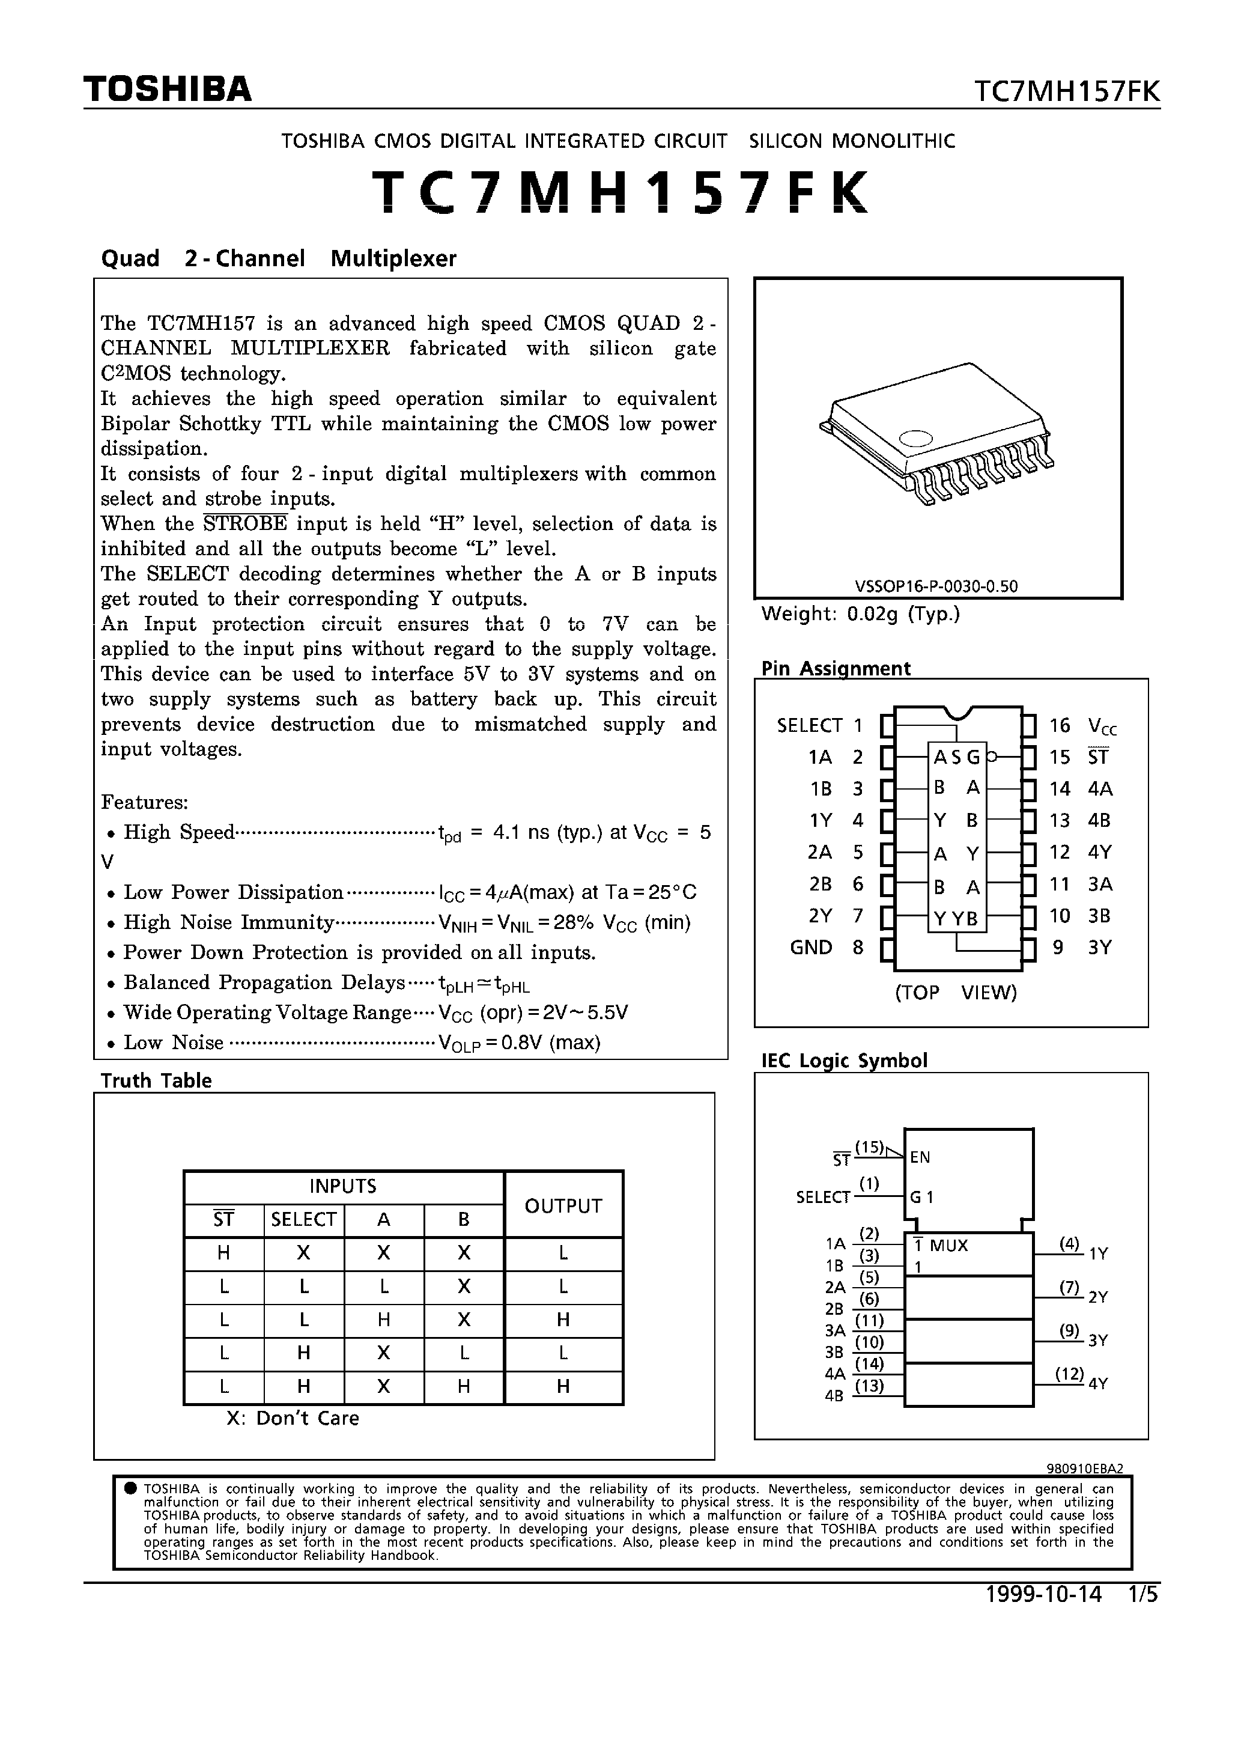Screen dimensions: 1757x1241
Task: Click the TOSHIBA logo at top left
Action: click(x=168, y=90)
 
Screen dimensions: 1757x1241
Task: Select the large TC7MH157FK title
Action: click(x=620, y=191)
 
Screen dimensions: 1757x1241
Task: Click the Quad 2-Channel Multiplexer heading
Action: click(x=279, y=258)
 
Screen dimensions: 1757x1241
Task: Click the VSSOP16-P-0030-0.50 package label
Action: click(x=936, y=586)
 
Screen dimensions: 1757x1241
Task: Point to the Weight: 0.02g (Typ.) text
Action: click(x=861, y=614)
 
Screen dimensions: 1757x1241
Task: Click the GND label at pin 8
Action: click(x=811, y=948)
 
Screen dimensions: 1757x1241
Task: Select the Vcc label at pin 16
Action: click(x=1102, y=725)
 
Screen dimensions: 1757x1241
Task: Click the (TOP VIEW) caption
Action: click(x=956, y=993)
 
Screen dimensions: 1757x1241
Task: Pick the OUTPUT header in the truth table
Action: click(x=563, y=1205)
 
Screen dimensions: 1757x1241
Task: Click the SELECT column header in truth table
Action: click(x=304, y=1219)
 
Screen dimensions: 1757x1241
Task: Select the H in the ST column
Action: click(x=223, y=1253)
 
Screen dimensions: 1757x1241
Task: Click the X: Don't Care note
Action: click(x=293, y=1418)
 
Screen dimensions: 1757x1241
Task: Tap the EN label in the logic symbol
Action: click(x=920, y=1157)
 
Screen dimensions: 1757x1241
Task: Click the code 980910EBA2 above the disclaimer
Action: click(x=1084, y=1468)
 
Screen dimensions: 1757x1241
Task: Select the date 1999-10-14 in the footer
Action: click(x=1043, y=1594)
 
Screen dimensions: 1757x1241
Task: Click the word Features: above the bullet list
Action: click(x=145, y=802)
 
